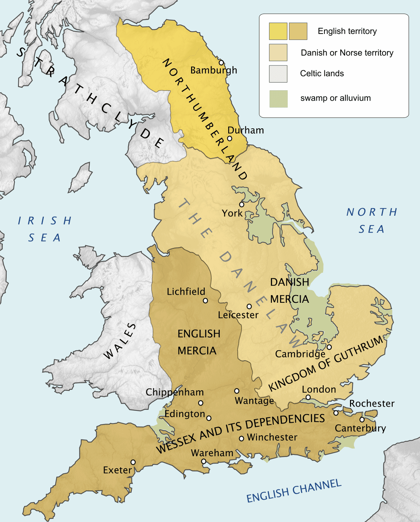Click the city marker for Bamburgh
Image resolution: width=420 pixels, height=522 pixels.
point(221,63)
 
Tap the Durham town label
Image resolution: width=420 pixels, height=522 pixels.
point(246,130)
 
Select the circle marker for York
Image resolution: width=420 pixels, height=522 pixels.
point(241,205)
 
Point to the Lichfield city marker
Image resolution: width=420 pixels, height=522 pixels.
point(205,301)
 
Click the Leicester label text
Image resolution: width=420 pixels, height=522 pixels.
point(238,315)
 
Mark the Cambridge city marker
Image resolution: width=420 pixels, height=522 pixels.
point(329,347)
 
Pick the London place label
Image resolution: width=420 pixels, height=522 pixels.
point(319,389)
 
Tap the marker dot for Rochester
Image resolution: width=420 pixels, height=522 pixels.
point(336,413)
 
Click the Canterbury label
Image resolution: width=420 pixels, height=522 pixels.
point(360,428)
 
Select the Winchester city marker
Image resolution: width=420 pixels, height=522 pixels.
point(241,438)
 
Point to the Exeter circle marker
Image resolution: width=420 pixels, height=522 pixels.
point(133,462)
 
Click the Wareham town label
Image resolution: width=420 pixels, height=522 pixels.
point(212,453)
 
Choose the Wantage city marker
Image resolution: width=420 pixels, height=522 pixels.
point(237,391)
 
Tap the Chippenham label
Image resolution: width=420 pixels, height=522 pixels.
point(175,392)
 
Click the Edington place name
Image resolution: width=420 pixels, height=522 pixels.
point(185,414)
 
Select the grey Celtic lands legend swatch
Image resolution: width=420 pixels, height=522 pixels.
point(278,74)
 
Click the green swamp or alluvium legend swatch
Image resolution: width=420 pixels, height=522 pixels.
point(278,99)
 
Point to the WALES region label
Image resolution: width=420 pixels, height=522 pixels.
point(120,341)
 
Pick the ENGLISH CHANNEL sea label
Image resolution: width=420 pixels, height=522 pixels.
point(294,491)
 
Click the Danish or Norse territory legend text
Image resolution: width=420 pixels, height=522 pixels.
point(347,53)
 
